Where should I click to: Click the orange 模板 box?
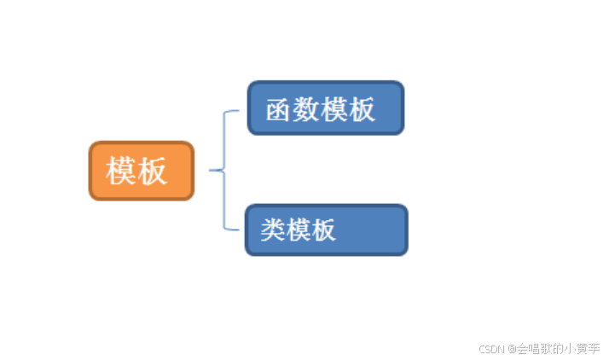click(142, 171)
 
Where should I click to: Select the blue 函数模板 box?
click(325, 108)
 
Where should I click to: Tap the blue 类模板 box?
click(327, 229)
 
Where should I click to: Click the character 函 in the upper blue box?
click(278, 109)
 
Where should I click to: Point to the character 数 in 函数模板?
click(305, 109)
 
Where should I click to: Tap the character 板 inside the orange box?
click(152, 171)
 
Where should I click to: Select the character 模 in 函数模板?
click(333, 109)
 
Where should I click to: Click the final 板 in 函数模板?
click(361, 109)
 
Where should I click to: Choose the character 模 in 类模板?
click(299, 229)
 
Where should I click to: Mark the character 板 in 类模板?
click(323, 229)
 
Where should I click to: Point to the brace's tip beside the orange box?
click(211, 171)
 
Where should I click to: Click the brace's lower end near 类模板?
click(235, 229)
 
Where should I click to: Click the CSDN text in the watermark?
click(492, 348)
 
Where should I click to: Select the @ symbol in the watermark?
click(512, 348)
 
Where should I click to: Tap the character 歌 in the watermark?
click(544, 348)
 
